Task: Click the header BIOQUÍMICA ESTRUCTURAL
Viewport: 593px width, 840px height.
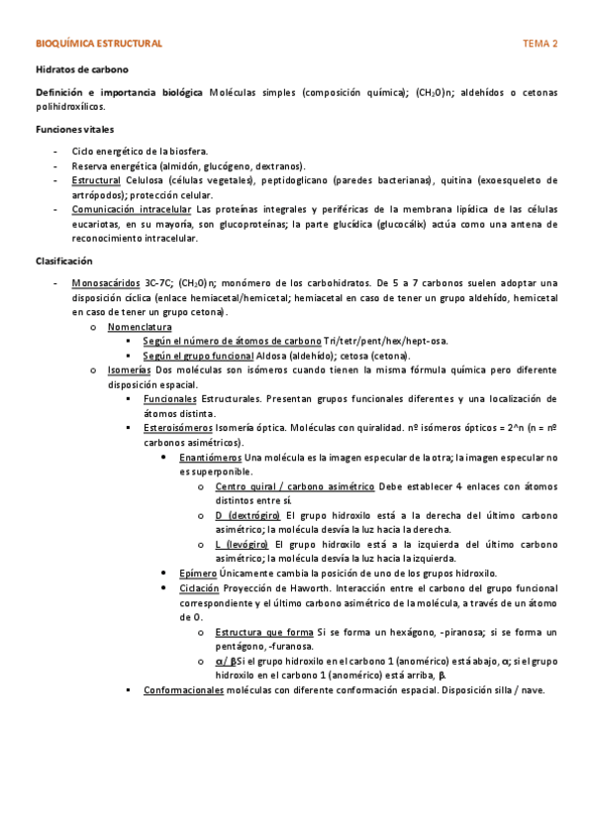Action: point(98,45)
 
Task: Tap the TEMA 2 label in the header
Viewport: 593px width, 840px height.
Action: point(541,45)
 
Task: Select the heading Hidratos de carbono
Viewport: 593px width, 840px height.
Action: point(82,69)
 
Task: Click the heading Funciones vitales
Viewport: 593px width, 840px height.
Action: point(74,130)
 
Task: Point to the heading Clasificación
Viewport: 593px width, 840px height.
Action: point(64,261)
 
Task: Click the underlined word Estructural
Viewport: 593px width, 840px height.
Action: point(96,181)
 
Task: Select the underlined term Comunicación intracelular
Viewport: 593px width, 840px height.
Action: point(132,210)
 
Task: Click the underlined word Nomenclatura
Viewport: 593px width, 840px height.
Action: point(140,326)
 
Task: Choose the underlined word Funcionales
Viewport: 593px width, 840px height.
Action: point(170,398)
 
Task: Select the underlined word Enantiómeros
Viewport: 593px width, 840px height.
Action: point(210,458)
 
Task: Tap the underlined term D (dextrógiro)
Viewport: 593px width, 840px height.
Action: point(247,515)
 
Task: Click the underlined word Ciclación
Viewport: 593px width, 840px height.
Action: point(200,588)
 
